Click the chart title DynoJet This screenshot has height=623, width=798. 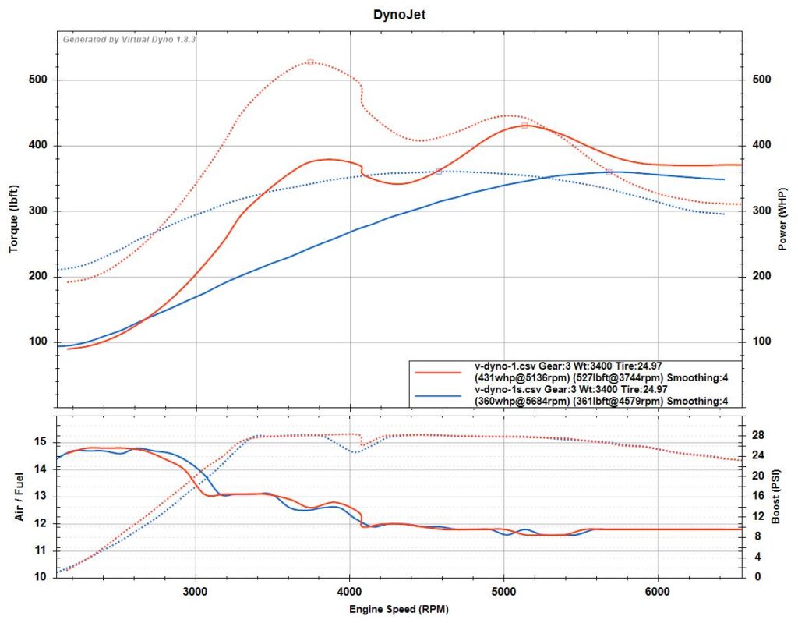(398, 13)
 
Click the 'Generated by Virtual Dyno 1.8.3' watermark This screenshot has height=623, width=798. (129, 38)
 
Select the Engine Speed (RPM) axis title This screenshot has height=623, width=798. (398, 608)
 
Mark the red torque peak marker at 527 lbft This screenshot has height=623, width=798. (310, 62)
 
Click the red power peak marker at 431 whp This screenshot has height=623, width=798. (524, 125)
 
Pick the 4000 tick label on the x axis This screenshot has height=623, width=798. (350, 591)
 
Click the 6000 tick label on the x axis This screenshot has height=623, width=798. (659, 591)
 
